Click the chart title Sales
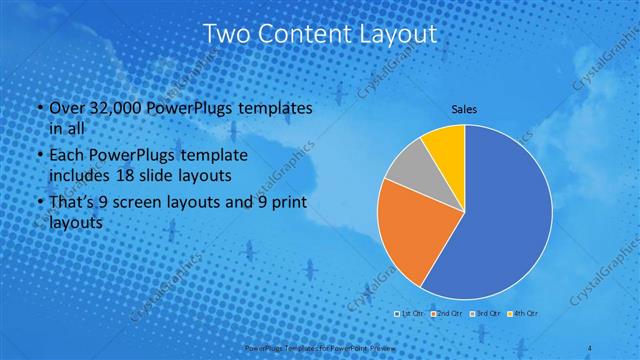pyautogui.click(x=464, y=108)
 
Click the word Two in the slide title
pyautogui.click(x=225, y=34)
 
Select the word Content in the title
pyautogui.click(x=305, y=34)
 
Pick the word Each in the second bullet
pyautogui.click(x=66, y=157)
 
